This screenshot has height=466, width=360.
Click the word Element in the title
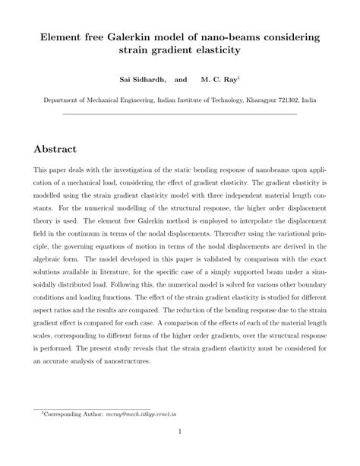64,36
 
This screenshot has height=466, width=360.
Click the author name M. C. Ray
219,79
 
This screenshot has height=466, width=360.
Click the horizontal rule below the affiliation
179,114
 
